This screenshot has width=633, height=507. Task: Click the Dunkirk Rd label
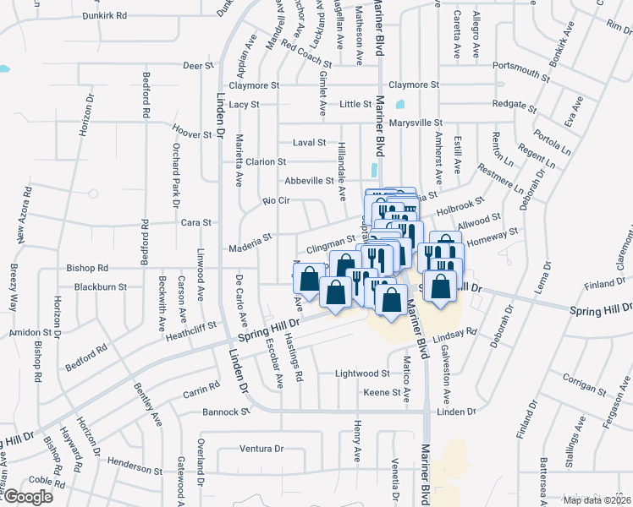click(x=110, y=15)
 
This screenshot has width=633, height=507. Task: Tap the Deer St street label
click(x=196, y=65)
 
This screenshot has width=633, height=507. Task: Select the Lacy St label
click(x=244, y=105)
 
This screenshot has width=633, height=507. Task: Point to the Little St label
click(x=355, y=105)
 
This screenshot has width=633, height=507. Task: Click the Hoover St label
click(x=191, y=134)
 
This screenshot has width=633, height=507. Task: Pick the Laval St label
click(x=309, y=143)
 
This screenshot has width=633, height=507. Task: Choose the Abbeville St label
click(x=309, y=181)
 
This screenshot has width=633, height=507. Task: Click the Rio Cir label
click(x=276, y=200)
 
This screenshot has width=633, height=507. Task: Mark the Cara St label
click(x=195, y=222)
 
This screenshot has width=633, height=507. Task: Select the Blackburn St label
click(x=100, y=286)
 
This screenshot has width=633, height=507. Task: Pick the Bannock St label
click(x=227, y=412)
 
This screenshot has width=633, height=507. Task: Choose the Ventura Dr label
click(x=260, y=448)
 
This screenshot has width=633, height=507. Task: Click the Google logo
click(x=28, y=496)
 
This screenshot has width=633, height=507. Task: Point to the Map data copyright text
click(x=597, y=500)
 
